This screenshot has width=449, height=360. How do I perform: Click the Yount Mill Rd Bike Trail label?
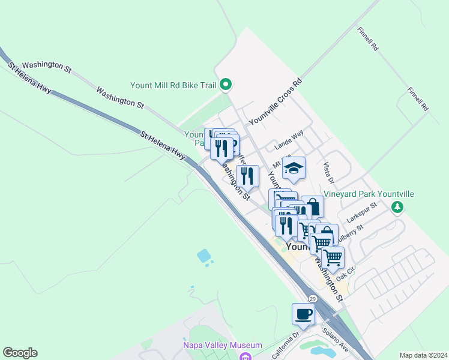click(173, 85)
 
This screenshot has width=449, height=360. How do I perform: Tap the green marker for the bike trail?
click(226, 85)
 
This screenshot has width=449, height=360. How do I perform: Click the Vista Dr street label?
click(328, 172)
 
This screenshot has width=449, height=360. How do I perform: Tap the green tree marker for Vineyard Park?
click(396, 208)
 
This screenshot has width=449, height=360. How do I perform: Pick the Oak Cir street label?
click(346, 274)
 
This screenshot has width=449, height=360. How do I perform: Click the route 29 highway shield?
click(313, 299)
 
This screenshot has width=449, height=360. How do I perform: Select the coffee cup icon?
click(303, 314)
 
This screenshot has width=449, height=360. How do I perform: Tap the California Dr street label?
click(286, 346)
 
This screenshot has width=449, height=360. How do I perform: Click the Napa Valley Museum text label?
click(223, 345)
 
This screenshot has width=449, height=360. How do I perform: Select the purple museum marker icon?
click(245, 357)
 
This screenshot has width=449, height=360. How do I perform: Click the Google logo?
click(20, 353)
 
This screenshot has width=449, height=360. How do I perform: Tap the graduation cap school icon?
click(294, 168)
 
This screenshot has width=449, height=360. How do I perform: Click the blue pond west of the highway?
click(204, 256)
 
